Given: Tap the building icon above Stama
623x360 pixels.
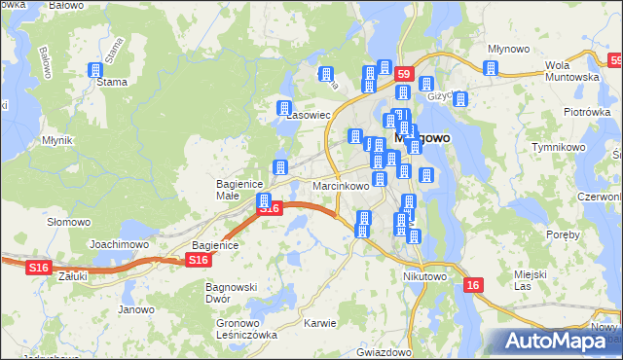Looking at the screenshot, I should point(95,70).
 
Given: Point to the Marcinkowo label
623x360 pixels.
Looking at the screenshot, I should point(341,186).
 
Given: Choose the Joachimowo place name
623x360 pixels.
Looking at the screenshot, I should point(118,244).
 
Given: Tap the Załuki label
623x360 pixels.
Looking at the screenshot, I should point(73,276).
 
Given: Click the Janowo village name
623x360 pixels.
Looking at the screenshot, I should point(136,310).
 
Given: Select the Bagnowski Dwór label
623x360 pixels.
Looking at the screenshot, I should point(231,293).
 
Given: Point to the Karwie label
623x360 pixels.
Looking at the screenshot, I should point(319,323).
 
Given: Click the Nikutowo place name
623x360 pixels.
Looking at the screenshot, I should point(424,276).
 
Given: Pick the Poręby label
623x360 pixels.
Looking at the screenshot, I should point(563,235).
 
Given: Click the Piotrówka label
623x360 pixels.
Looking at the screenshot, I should point(586,112).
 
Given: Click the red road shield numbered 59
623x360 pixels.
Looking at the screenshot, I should point(405,73).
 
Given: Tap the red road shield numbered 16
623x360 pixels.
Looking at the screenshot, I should point(472,285).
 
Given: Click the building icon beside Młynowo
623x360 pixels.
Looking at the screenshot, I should point(491,68).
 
